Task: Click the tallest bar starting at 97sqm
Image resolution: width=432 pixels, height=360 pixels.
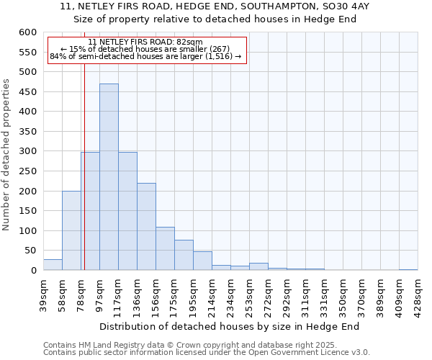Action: coord(109,177)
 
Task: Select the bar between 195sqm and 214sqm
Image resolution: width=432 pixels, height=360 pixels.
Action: coord(202,261)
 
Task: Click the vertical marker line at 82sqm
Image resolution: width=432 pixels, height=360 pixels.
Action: coord(84,166)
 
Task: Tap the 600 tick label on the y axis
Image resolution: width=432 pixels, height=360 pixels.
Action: coord(27,32)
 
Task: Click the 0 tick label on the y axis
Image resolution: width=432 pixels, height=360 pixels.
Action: coord(33,271)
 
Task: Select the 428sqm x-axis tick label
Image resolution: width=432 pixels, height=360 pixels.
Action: coord(418,294)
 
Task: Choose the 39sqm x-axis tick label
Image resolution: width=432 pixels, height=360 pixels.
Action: coord(44,292)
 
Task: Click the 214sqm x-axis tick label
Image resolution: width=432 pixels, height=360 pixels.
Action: coord(212,294)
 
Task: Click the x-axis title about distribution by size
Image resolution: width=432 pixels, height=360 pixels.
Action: coord(229,326)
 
